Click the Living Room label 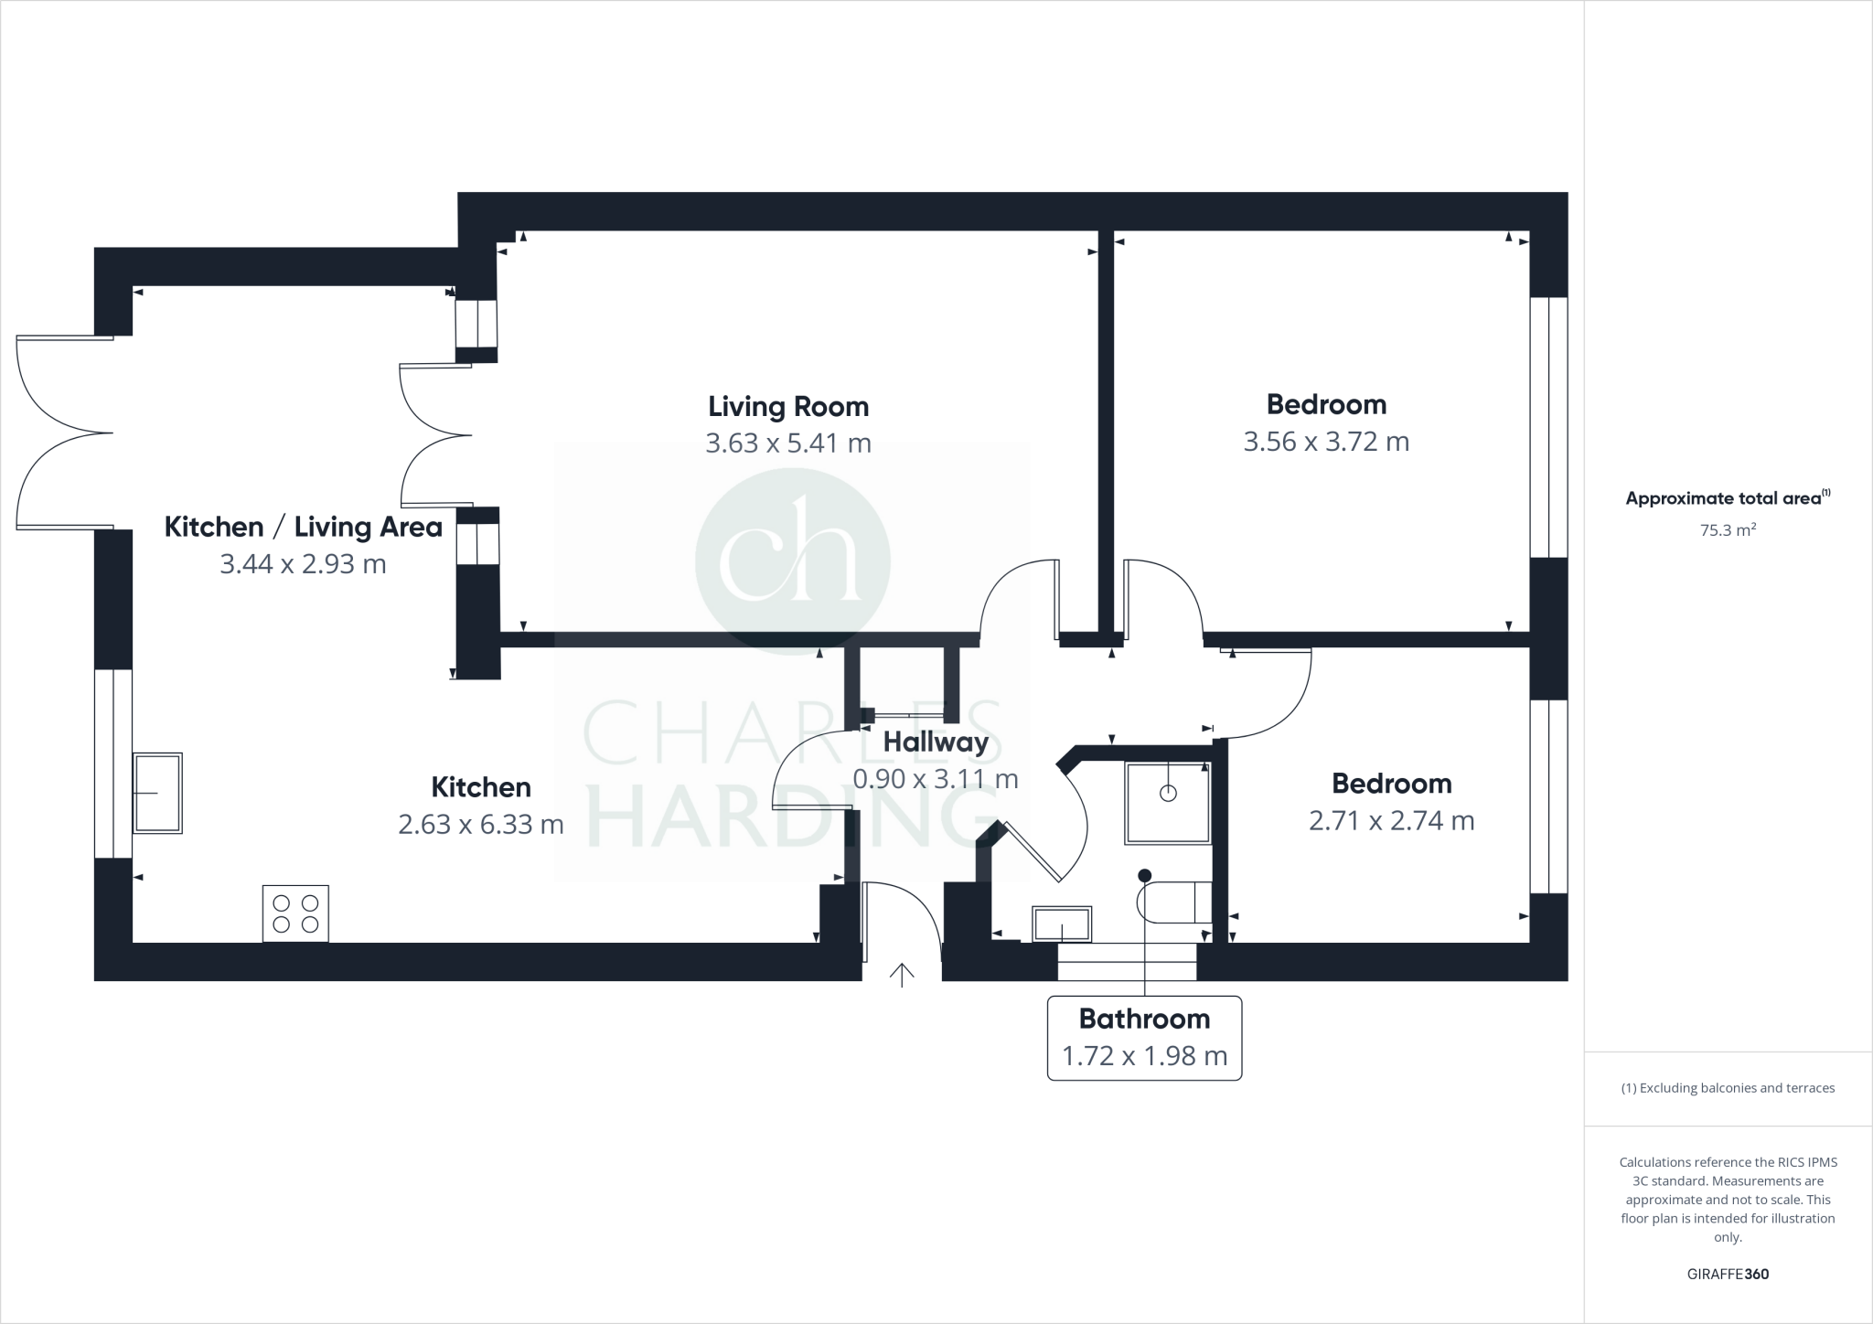[x=788, y=406]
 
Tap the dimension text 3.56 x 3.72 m [x=1325, y=442]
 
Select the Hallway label [x=935, y=742]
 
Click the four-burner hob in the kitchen [x=295, y=913]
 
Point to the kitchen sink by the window [x=157, y=793]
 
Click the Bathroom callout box [x=1144, y=1038]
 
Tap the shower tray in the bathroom [x=1168, y=802]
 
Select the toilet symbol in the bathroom [x=1174, y=902]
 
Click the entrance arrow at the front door [x=902, y=975]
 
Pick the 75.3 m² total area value [x=1727, y=530]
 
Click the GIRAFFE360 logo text [x=1728, y=1274]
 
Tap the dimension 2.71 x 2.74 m [x=1391, y=821]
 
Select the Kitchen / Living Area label [x=303, y=527]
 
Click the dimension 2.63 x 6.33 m [x=480, y=825]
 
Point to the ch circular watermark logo [x=792, y=561]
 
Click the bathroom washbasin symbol [x=1062, y=924]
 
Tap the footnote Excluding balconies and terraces [x=1728, y=1088]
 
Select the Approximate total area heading [x=1727, y=498]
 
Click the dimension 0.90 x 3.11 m [x=935, y=779]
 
